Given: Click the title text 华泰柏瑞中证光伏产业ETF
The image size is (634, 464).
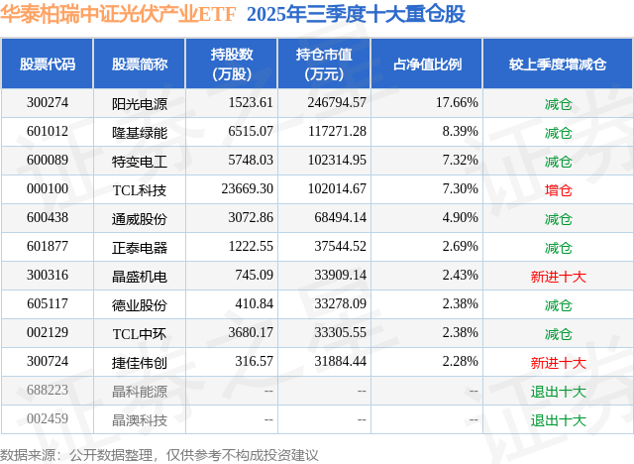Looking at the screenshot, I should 118,14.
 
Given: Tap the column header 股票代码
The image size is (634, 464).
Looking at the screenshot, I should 48,64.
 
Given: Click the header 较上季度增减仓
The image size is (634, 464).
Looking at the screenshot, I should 558,64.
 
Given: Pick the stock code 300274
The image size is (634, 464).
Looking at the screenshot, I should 48,103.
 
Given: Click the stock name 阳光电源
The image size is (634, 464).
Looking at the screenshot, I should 140,103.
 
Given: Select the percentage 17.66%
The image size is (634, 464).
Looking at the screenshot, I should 458,103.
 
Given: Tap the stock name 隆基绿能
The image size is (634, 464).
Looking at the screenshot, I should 140,132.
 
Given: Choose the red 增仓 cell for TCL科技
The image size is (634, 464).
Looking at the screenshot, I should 559,189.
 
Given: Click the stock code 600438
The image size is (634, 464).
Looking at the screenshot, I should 48,218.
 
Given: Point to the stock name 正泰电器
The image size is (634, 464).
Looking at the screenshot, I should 140,247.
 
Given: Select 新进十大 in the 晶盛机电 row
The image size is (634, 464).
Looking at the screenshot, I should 559,276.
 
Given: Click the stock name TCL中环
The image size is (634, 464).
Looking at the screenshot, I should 140,333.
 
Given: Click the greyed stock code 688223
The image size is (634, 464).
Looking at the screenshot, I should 48,391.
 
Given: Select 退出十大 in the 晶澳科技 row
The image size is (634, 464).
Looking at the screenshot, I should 559,419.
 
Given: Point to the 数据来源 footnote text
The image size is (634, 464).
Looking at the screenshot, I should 159,454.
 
